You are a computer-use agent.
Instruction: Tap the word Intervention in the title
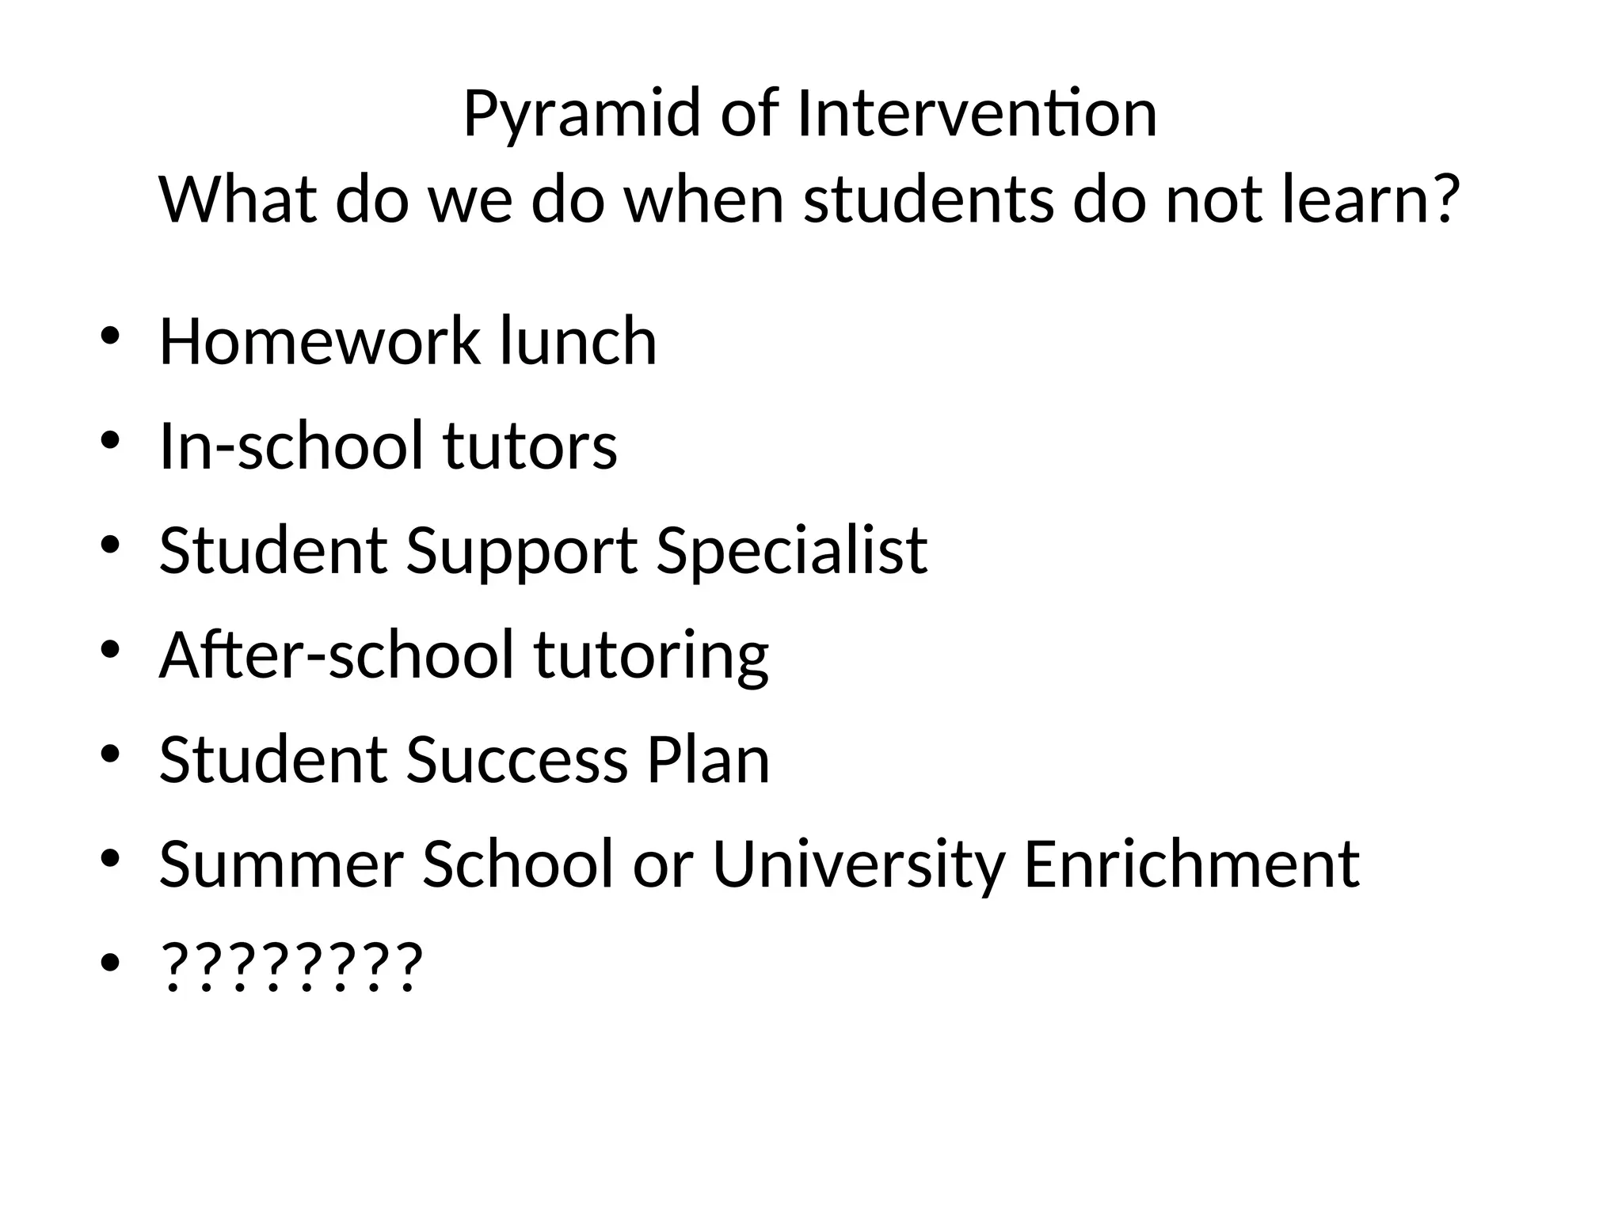coord(977,114)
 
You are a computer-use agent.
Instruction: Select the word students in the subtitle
coord(929,199)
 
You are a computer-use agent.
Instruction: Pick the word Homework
coord(319,341)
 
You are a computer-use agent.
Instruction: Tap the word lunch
coord(578,341)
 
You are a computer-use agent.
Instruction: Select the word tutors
coord(530,446)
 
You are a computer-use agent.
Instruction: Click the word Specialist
coord(792,550)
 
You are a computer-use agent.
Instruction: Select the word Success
coord(517,760)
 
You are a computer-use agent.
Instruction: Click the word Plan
coord(708,760)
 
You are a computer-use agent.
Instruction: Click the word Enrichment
coord(1191,864)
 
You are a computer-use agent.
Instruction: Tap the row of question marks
coord(291,967)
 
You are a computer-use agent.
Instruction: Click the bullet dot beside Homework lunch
coord(110,336)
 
